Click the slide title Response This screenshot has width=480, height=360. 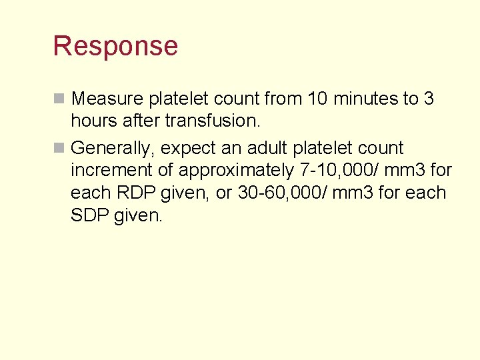[115, 46]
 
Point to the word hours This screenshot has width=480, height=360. [93, 121]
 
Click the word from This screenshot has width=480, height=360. [284, 99]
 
